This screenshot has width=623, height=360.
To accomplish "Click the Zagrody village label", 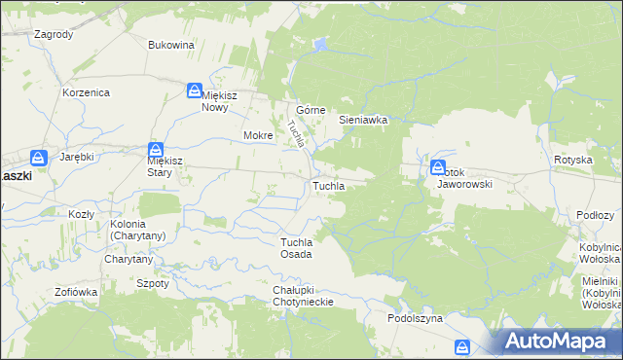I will tap(54, 34).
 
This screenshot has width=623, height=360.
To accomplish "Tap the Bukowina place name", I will tap(171, 45).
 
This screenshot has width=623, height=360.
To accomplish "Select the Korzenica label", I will tap(86, 92).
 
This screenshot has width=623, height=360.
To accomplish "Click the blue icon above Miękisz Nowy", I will tap(195, 90).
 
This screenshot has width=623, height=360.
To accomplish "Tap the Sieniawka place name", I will tap(363, 120).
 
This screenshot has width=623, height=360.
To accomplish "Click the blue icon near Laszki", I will tap(38, 158).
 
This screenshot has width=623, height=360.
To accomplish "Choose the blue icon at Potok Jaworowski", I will tap(438, 167).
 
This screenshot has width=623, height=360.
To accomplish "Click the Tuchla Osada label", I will tap(296, 248).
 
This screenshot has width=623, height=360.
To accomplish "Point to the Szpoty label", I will tap(153, 283).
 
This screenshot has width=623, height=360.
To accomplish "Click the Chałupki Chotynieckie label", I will tap(304, 296).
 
